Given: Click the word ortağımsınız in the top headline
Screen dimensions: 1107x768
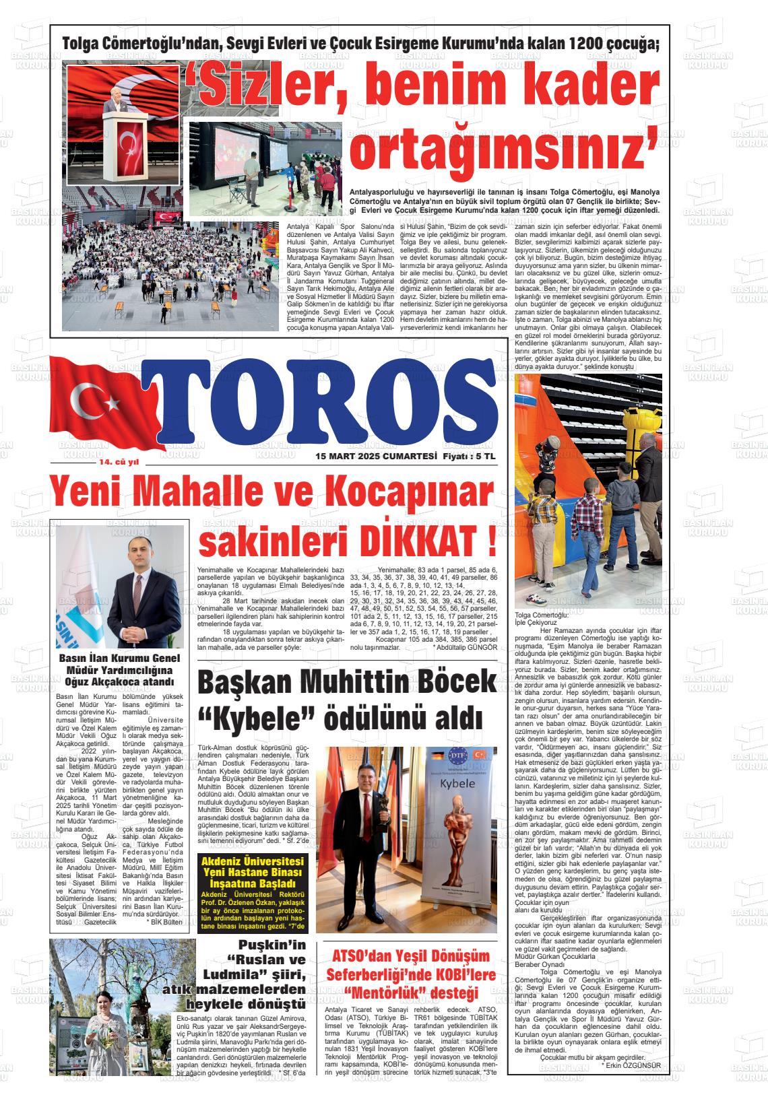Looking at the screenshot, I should (x=505, y=149).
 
